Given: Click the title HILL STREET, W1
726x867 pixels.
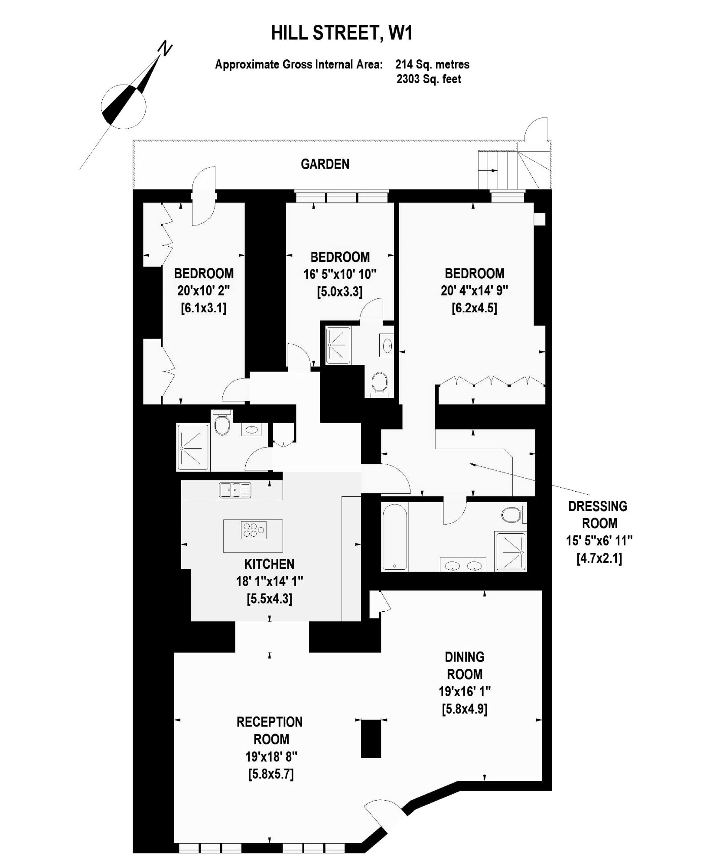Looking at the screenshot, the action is (x=342, y=33).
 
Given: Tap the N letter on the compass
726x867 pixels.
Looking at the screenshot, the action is (x=165, y=48).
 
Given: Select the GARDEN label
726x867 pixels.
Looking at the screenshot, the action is (x=325, y=164).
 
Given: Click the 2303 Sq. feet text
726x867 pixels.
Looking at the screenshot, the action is (x=429, y=79).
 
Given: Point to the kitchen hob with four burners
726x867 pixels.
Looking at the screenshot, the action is (x=254, y=530).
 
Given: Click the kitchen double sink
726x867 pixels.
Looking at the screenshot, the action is (x=235, y=490).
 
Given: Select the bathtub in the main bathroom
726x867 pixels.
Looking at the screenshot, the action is (x=394, y=537).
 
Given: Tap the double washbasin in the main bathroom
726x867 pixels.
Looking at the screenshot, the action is (x=463, y=565).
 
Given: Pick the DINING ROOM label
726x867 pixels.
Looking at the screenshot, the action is (x=465, y=665).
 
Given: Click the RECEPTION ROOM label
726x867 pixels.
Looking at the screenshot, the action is (x=270, y=730).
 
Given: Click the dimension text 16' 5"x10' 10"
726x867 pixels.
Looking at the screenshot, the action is (x=340, y=274).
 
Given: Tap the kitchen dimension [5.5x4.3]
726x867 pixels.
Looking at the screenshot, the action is (x=270, y=599).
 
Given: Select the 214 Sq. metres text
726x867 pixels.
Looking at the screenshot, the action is (x=432, y=65).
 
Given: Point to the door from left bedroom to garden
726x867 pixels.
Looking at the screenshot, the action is (x=204, y=196).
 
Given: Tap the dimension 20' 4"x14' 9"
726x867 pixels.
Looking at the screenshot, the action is (x=475, y=290).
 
